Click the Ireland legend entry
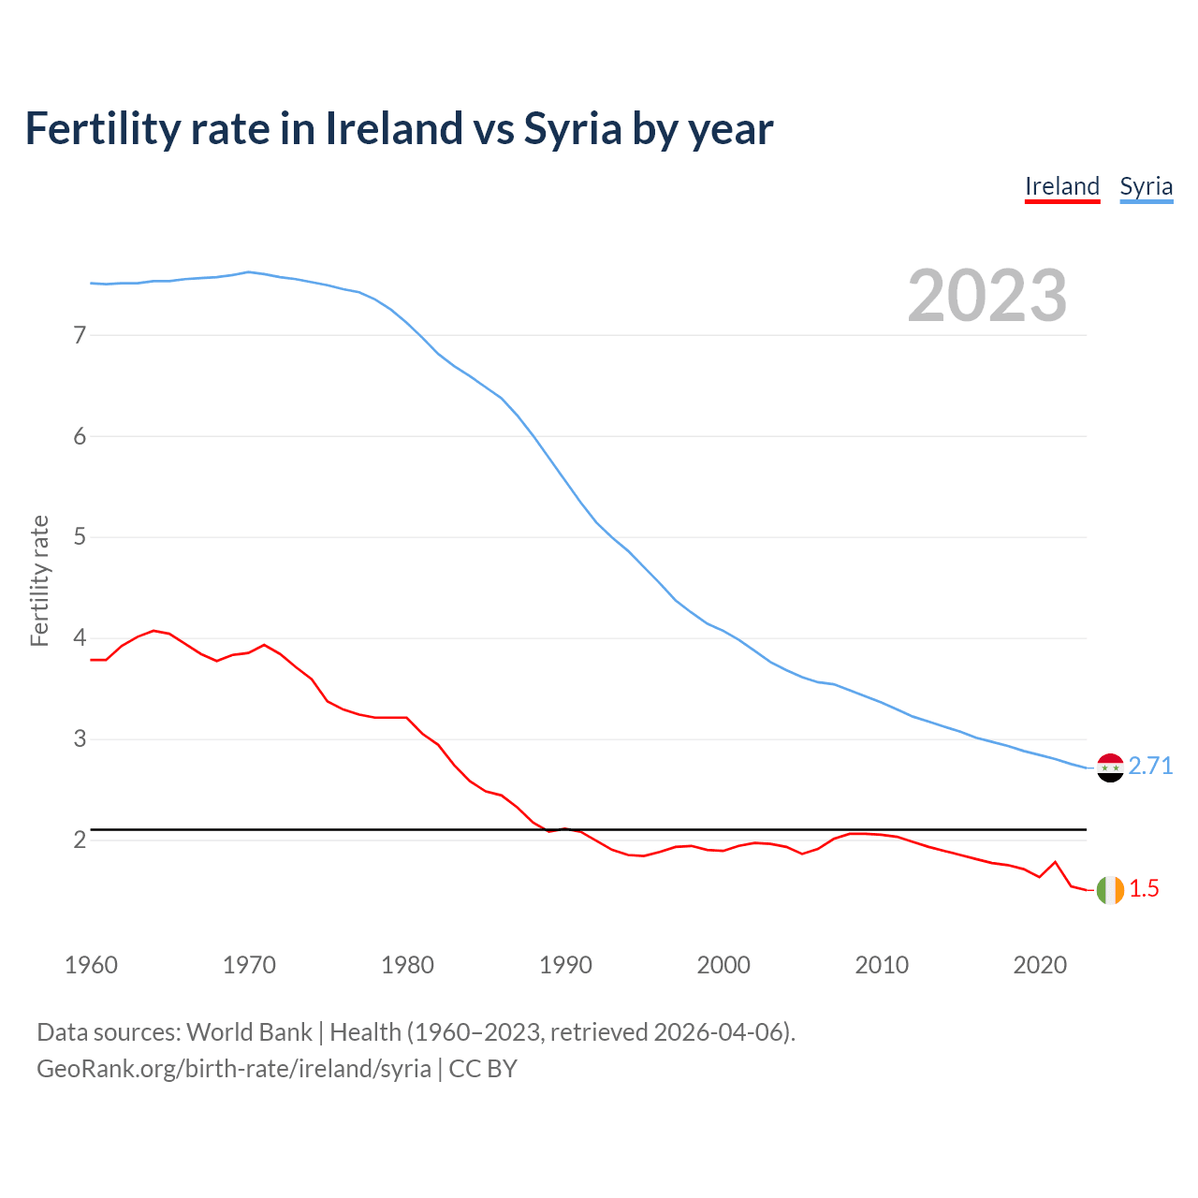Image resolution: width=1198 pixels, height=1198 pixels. point(1062,186)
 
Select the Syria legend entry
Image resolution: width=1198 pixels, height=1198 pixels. point(1146,186)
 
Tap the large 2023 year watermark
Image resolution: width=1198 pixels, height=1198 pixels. point(986,296)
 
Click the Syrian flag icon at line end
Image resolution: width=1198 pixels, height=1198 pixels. point(1110,767)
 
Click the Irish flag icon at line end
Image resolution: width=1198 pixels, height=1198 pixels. point(1110,890)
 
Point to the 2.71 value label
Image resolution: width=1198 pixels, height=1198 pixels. point(1150,767)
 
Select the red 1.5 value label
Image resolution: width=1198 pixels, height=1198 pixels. point(1144,889)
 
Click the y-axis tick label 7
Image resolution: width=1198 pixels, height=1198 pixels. point(80,335)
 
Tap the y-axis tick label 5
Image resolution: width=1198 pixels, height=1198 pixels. point(80,537)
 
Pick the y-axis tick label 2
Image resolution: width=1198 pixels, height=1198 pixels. point(80,840)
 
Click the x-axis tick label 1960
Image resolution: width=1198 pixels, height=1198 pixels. point(91,965)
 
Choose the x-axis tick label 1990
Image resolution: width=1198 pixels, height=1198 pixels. point(565,965)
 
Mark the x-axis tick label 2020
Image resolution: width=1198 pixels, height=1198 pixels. point(1040,965)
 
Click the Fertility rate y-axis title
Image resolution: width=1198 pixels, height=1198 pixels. point(39,580)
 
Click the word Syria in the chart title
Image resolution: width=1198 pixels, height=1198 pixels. point(572,128)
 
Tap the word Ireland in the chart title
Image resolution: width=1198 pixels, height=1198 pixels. point(394,128)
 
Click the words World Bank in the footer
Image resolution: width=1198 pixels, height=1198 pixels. point(249,1032)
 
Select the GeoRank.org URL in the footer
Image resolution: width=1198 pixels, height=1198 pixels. point(234,1069)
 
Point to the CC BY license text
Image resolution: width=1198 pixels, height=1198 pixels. point(483,1069)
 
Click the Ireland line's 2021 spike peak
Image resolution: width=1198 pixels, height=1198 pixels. point(1056,862)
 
